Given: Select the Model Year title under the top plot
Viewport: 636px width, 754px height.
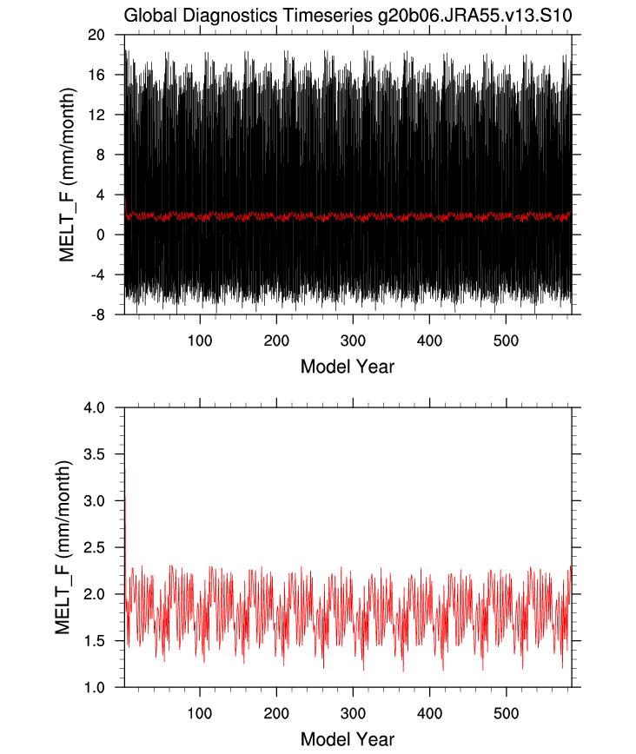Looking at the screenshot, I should click(348, 366).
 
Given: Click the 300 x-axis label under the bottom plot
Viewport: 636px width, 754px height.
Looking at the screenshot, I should click(353, 712).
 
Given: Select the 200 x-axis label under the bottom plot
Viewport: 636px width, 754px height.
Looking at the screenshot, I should click(276, 712).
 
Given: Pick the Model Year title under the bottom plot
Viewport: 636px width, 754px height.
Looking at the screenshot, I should click(348, 738).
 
